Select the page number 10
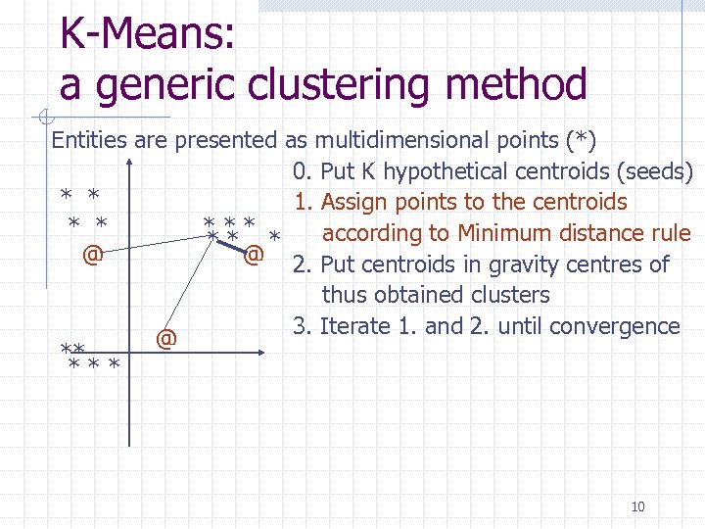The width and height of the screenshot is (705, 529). point(637,506)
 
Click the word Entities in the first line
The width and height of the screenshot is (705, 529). point(88,140)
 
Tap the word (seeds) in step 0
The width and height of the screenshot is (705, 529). point(655,171)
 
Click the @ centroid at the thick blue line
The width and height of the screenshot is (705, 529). point(254,256)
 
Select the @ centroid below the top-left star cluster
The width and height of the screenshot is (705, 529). point(92,256)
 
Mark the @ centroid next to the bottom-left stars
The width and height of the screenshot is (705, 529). point(166,339)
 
